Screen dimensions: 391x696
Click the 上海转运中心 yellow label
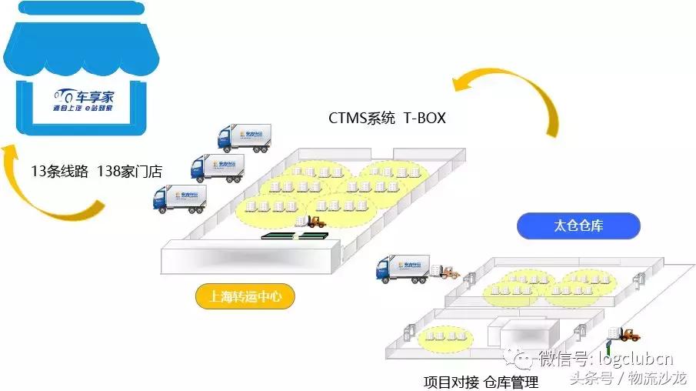(x=245, y=296)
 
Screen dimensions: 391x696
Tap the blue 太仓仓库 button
(x=578, y=226)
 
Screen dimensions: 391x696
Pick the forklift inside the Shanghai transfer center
(x=315, y=222)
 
